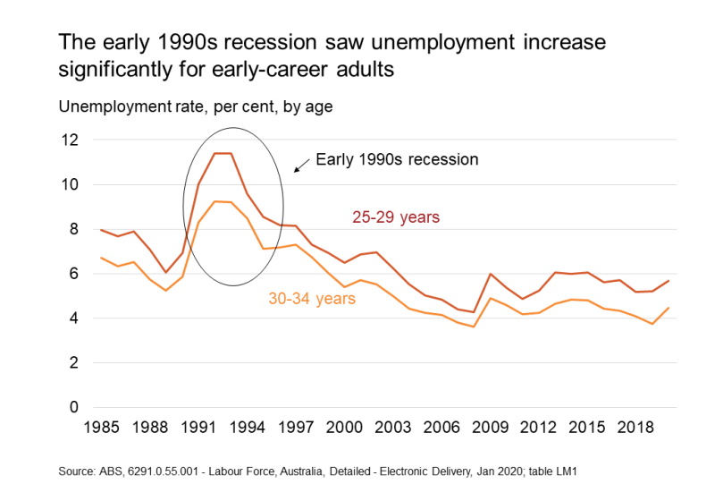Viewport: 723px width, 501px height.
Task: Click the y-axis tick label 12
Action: coord(69,140)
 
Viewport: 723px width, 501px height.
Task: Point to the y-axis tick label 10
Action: coord(69,185)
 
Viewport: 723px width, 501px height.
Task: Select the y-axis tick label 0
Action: coord(73,408)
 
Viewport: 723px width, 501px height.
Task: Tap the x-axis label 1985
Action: coord(101,429)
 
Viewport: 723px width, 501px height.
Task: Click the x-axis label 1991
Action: coord(198,429)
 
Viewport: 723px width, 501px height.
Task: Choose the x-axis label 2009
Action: coord(491,429)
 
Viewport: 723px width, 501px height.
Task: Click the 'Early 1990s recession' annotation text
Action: coord(397,160)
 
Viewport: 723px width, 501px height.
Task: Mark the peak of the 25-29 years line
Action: coord(223,153)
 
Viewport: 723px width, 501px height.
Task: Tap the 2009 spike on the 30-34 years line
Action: coord(491,298)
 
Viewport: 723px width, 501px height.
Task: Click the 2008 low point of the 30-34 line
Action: coord(475,327)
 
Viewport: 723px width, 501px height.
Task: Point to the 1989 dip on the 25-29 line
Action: coord(166,272)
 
